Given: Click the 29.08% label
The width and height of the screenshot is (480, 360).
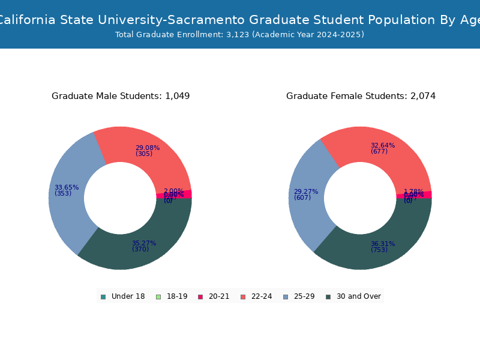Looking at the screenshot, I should click(147, 148).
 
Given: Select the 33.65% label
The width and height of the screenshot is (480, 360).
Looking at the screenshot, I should click(66, 187).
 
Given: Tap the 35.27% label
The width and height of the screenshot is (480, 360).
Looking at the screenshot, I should click(144, 243).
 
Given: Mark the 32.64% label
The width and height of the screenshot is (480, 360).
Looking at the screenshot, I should click(382, 145).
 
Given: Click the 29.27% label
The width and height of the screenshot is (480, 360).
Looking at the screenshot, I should click(305, 191).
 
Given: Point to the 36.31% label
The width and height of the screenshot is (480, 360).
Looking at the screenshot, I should click(382, 244).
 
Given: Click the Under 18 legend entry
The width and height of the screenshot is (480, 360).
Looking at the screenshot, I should click(123, 296).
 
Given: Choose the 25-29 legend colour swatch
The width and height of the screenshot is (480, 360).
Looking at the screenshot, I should click(286, 296).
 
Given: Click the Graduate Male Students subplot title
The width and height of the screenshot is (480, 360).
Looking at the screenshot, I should click(121, 96).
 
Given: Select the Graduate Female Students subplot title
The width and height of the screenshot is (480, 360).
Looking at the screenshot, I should click(361, 96).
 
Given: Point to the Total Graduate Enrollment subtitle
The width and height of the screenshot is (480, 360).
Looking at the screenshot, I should click(239, 35).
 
